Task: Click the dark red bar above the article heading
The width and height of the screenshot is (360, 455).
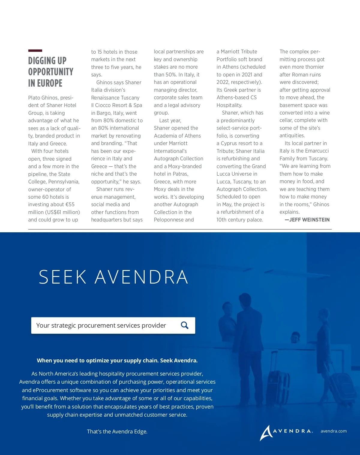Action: [35, 51]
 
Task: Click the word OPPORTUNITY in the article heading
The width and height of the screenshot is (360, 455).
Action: [51, 72]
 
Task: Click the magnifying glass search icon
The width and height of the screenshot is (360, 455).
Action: [185, 325]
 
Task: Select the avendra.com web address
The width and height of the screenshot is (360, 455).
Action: [334, 431]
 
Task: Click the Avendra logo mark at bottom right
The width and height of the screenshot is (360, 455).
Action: [266, 433]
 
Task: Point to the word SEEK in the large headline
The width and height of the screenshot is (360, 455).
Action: [63, 277]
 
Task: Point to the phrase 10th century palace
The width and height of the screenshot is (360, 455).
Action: [240, 220]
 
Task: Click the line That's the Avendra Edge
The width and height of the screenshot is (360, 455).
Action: [117, 432]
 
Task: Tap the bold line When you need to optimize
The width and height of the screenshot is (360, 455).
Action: [117, 361]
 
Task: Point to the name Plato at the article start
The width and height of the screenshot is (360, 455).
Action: [34, 98]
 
